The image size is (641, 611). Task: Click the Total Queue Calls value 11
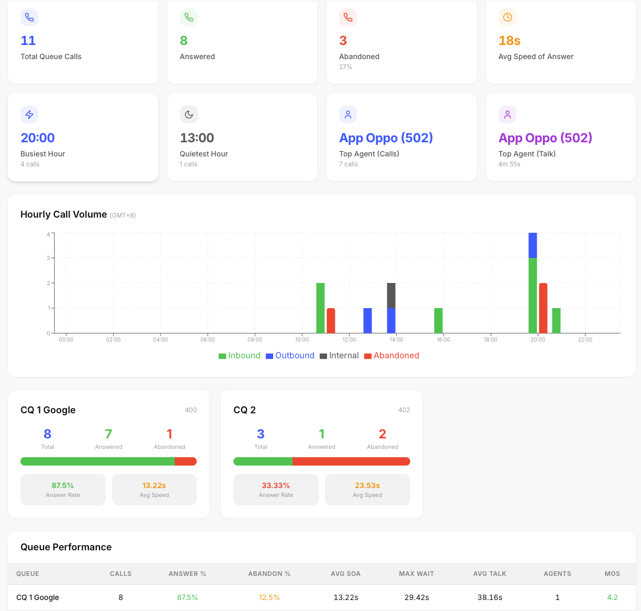click(x=28, y=41)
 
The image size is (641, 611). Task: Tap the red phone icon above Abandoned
click(x=348, y=17)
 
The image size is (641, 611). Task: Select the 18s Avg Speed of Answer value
click(x=509, y=41)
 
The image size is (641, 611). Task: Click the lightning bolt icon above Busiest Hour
click(x=29, y=115)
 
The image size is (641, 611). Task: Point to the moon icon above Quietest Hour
click(x=189, y=115)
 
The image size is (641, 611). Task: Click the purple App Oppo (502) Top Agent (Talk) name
click(x=545, y=138)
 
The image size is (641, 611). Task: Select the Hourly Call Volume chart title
click(x=63, y=214)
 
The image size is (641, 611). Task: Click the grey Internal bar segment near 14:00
click(x=391, y=296)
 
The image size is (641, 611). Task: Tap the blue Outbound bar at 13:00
click(x=367, y=321)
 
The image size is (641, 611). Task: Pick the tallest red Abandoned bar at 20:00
click(x=543, y=308)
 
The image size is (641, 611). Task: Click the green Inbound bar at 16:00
click(x=438, y=321)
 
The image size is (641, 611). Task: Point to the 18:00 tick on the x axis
click(x=490, y=340)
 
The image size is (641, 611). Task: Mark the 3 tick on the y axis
click(x=48, y=258)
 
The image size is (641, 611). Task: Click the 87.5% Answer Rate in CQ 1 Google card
click(x=63, y=485)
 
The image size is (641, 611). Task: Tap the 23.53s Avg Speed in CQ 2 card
click(x=367, y=485)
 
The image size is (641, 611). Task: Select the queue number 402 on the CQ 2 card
click(x=404, y=410)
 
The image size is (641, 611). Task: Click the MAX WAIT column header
click(x=417, y=574)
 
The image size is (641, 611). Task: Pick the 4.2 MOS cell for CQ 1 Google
click(x=612, y=597)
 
